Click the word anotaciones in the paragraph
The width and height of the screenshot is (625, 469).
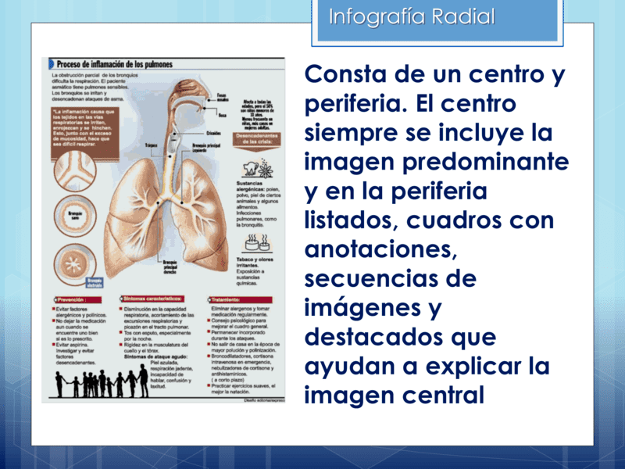click(377, 249)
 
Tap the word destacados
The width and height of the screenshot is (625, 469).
click(380, 337)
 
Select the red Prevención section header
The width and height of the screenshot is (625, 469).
click(73, 299)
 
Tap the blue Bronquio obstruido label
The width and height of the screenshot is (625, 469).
click(94, 283)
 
